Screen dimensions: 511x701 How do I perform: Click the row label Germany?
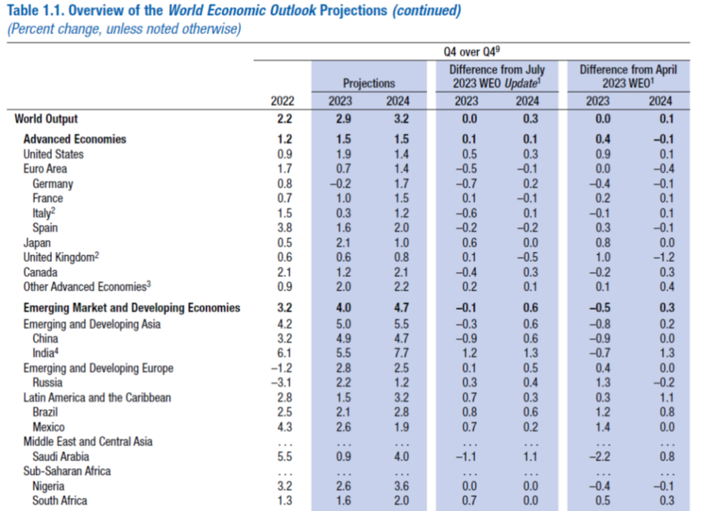52,183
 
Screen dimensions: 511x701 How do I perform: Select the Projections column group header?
369,83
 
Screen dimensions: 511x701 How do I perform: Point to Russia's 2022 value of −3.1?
282,382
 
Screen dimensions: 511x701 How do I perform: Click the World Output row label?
47,119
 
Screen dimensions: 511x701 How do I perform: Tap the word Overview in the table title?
105,12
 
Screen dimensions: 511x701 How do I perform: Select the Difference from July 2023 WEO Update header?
497,76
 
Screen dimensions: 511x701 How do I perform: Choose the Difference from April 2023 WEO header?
628,76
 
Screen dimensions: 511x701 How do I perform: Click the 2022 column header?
282,101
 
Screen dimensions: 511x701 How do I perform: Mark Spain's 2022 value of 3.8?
283,228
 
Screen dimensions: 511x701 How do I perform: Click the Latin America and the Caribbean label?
97,397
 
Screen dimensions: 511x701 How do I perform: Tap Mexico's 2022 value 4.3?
283,427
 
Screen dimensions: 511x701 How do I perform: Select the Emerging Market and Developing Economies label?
131,308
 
